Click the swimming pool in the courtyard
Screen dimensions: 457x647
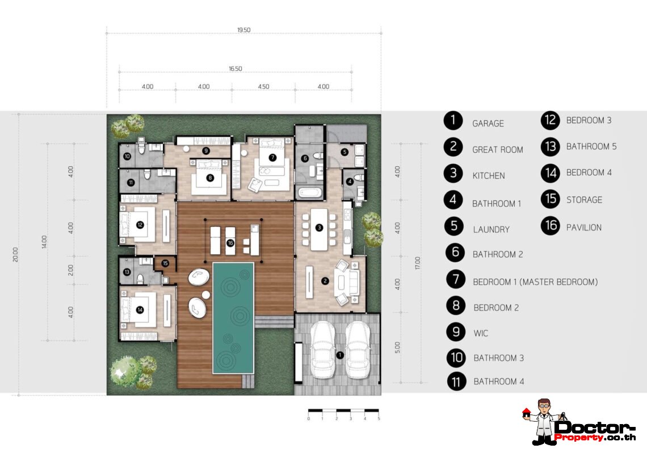coord(233,317)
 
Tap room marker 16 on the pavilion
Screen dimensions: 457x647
coord(230,243)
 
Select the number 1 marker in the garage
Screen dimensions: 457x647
coord(339,355)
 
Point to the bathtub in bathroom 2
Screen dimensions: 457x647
coord(309,192)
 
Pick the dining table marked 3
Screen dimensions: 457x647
coord(319,228)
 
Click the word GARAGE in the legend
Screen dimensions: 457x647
coord(488,123)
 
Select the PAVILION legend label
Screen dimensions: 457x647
coord(583,228)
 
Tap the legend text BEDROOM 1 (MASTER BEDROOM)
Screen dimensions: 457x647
coord(535,282)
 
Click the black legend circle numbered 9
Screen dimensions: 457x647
coord(456,333)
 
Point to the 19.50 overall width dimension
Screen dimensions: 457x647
coord(244,30)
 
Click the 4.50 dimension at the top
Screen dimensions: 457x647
coord(263,87)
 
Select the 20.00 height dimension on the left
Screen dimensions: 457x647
coord(15,255)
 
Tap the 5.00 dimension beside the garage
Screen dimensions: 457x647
coord(397,346)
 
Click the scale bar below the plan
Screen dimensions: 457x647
coord(343,410)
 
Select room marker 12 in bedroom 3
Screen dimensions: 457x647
coord(140,224)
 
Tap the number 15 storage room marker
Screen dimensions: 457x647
coord(165,263)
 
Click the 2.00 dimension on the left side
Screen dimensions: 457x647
coord(70,269)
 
